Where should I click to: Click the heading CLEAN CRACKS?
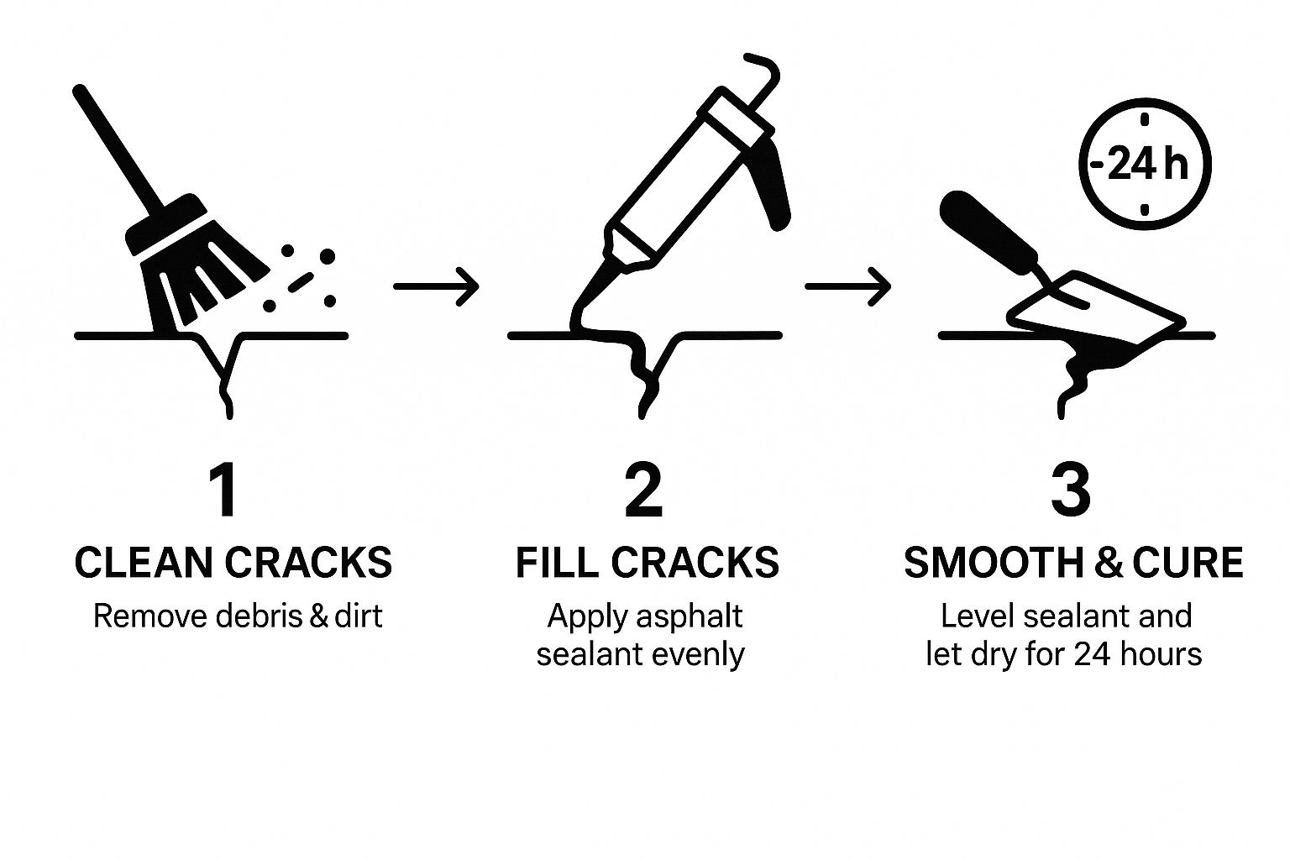point(233,562)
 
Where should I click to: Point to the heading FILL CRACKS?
point(648,562)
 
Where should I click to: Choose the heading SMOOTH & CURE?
point(1073,562)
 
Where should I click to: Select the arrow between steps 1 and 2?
point(436,286)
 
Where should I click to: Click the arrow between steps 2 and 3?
point(847,286)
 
